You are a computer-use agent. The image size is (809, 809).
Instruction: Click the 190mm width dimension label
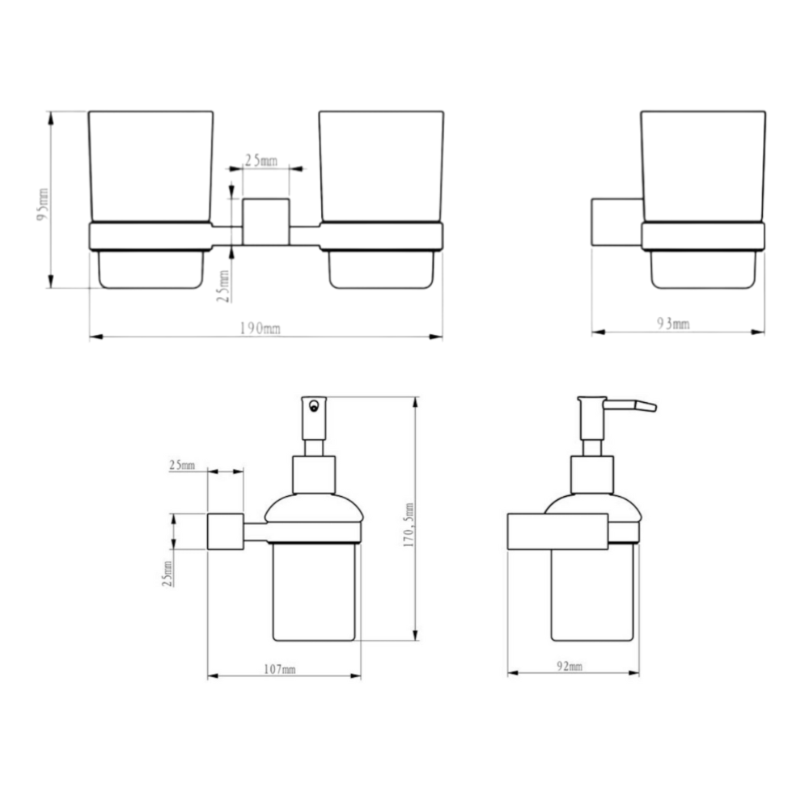tap(260, 328)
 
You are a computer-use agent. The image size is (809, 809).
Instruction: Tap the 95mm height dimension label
tap(43, 205)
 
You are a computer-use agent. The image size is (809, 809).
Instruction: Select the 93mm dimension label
tap(673, 324)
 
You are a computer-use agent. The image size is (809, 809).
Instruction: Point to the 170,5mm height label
tap(409, 525)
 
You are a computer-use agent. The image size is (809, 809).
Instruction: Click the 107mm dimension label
tap(280, 669)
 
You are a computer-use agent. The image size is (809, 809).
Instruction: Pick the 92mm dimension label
tap(570, 666)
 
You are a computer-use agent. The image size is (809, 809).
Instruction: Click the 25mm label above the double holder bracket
tap(261, 160)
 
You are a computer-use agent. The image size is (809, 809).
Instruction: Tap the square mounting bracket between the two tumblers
tap(265, 222)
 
